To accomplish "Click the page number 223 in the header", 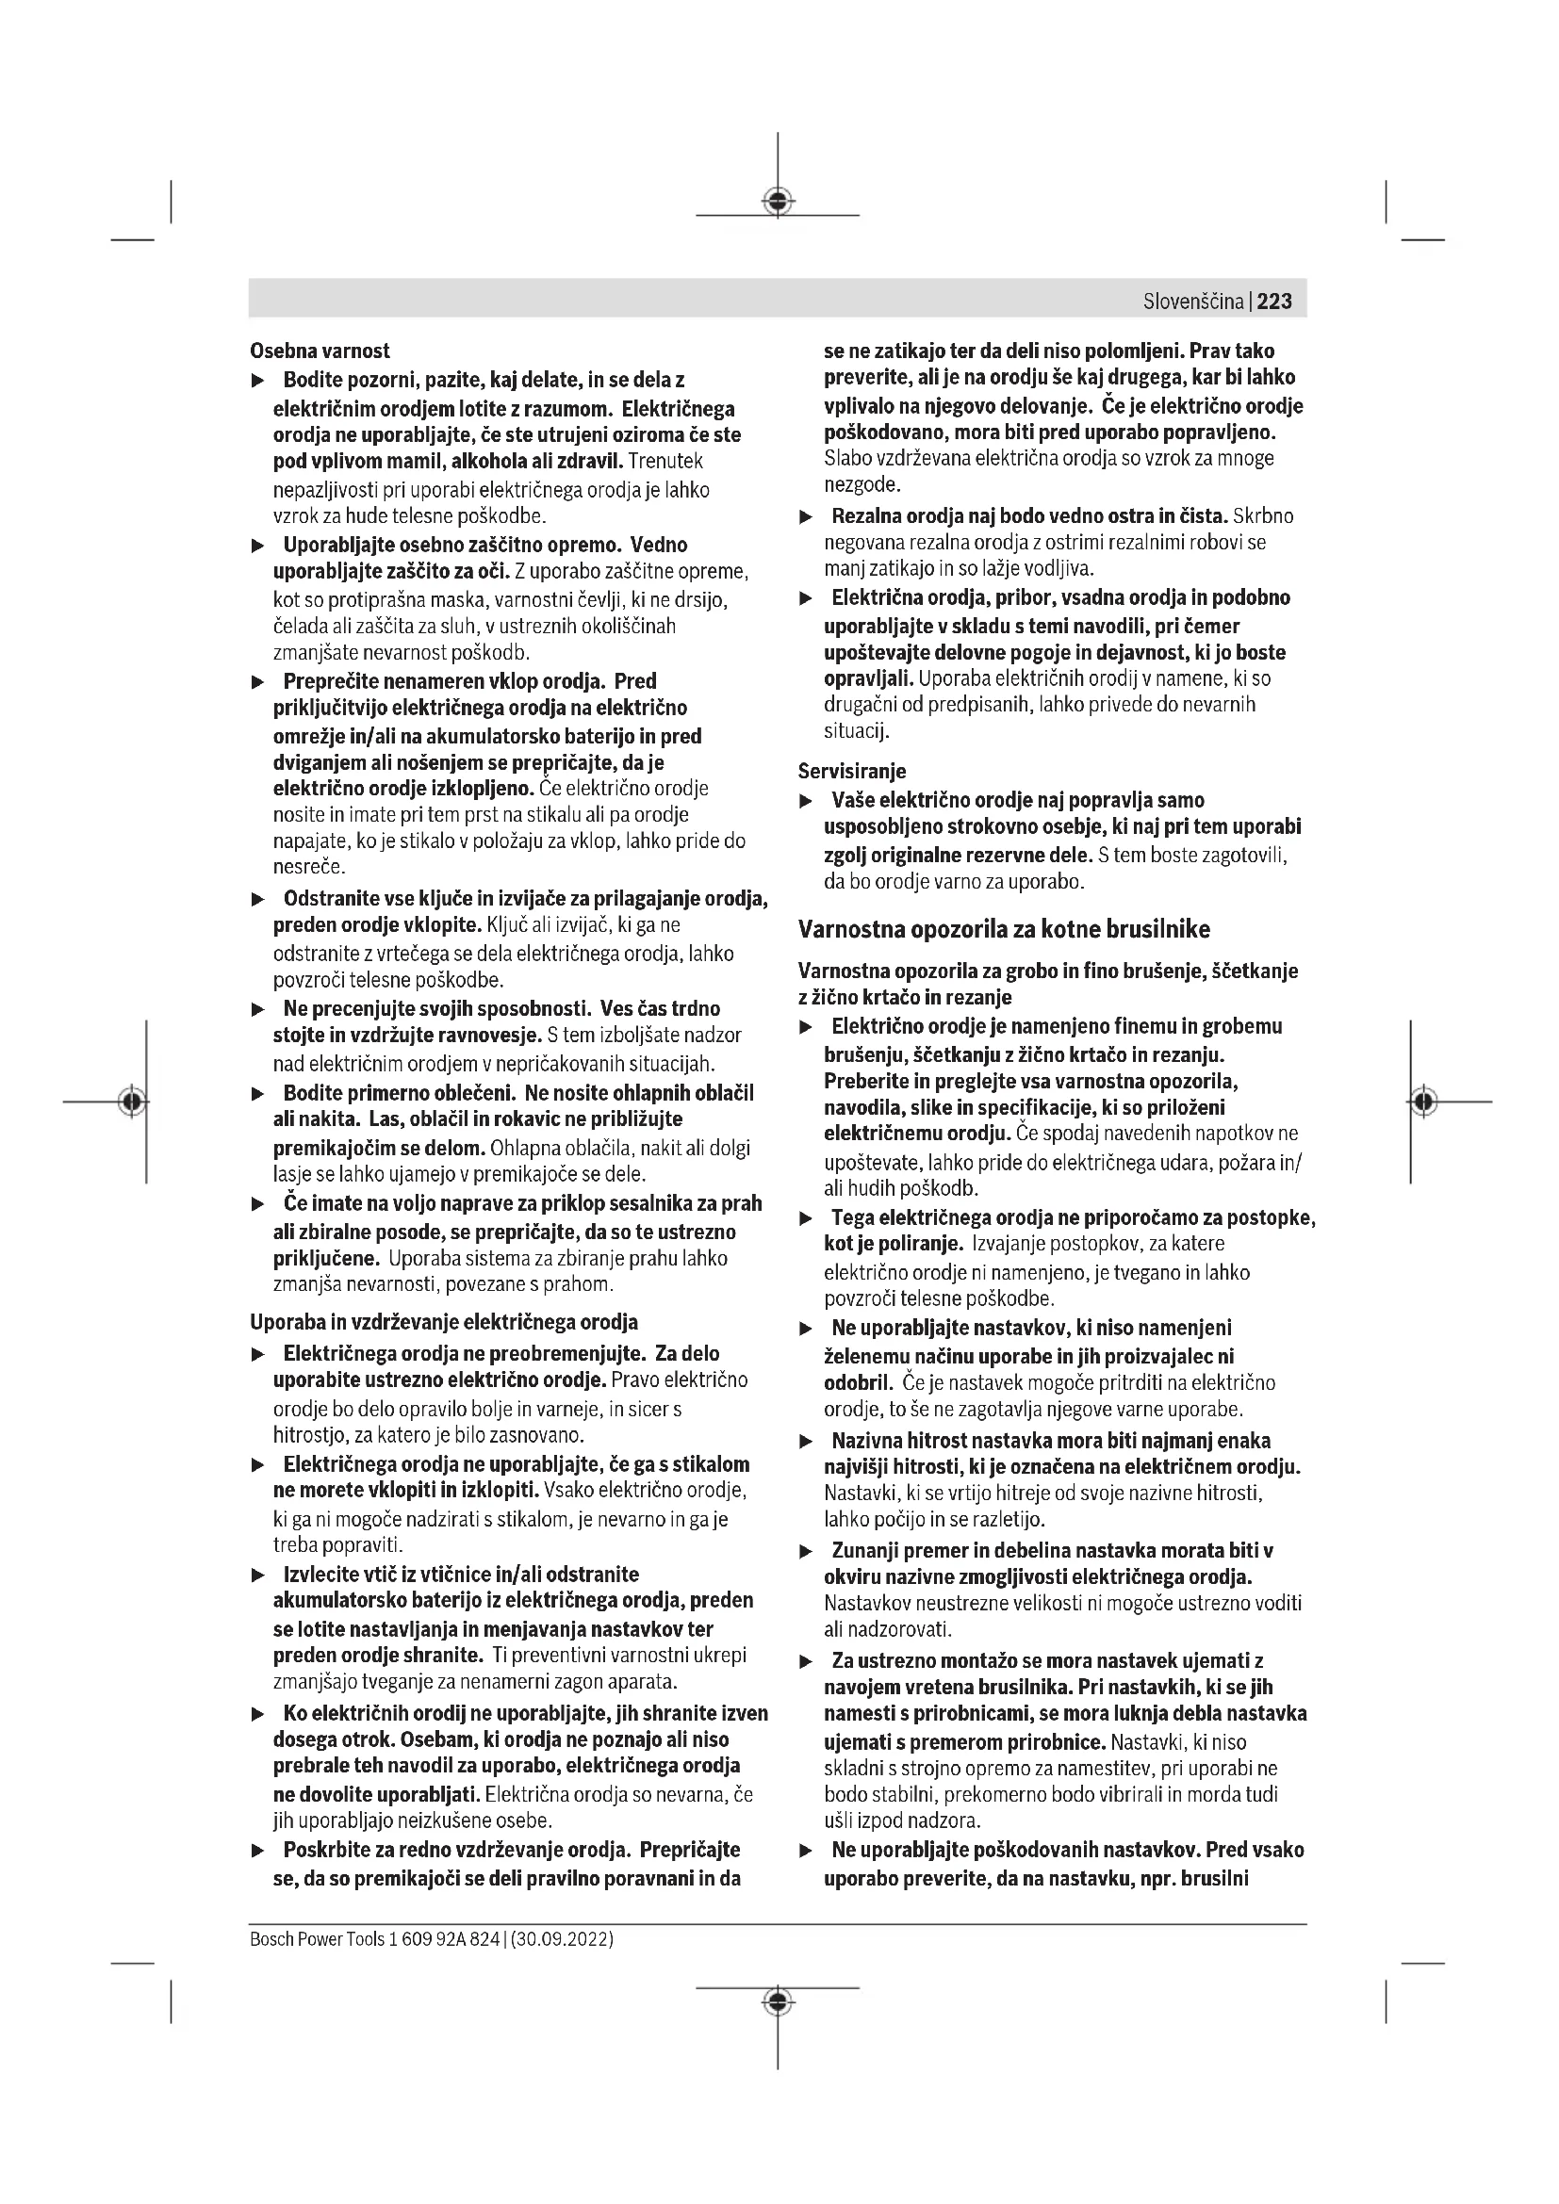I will pyautogui.click(x=1274, y=302).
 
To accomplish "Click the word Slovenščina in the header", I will pyautogui.click(x=1192, y=302).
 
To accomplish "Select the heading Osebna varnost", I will pyautogui.click(x=320, y=351).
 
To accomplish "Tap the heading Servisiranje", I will pyautogui.click(x=851, y=771).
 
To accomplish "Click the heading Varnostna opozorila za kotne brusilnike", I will pyautogui.click(x=1004, y=929).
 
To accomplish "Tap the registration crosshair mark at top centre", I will pyautogui.click(x=778, y=201).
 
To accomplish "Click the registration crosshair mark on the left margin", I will pyautogui.click(x=133, y=1101).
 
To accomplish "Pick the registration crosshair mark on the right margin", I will pyautogui.click(x=1424, y=1101).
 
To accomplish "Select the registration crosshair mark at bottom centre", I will pyautogui.click(x=778, y=2001).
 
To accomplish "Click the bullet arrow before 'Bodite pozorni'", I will pyautogui.click(x=257, y=382).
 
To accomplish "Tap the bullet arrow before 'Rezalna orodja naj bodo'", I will pyautogui.click(x=807, y=517).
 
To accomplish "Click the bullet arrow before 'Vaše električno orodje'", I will pyautogui.click(x=807, y=802).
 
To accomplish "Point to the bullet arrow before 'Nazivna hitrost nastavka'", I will pyautogui.click(x=807, y=1442).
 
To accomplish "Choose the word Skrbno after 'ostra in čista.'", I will pyautogui.click(x=1262, y=516).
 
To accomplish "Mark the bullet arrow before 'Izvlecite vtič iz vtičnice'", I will pyautogui.click(x=257, y=1575).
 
